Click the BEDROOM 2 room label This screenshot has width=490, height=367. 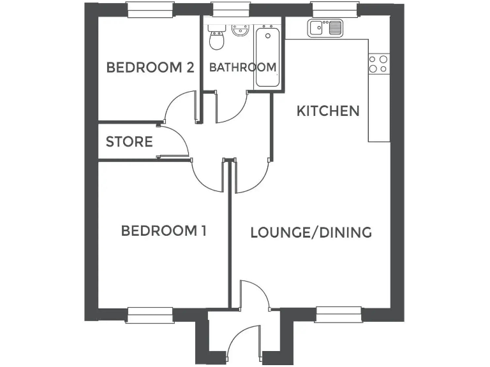[150, 68]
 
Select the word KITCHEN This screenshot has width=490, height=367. [328, 111]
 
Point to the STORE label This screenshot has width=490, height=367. [129, 141]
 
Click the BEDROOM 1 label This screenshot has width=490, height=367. [163, 231]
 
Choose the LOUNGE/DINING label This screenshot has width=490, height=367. [311, 232]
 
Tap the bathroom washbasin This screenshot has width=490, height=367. [241, 31]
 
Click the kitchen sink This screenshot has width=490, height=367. [325, 29]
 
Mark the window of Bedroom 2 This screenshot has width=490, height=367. [150, 10]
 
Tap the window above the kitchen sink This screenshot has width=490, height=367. [334, 10]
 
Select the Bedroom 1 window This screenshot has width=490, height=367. [150, 313]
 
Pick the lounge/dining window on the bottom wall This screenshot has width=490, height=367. [339, 313]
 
